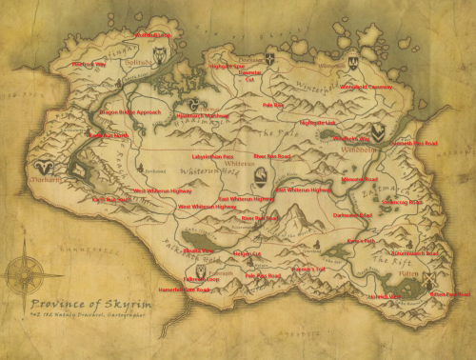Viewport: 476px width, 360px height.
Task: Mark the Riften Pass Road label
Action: [x=448, y=295]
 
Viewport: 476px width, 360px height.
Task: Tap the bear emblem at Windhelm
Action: [x=379, y=132]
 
